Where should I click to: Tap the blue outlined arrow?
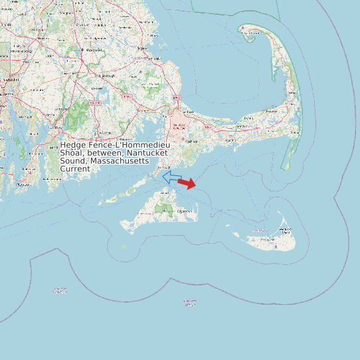[171, 177]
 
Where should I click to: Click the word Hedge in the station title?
[73, 145]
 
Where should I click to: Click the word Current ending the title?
[75, 169]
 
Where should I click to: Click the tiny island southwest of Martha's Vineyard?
[124, 246]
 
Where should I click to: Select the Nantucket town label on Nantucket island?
[286, 230]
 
